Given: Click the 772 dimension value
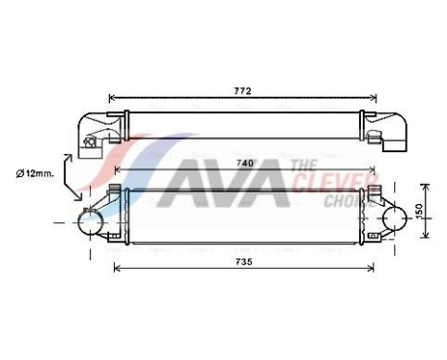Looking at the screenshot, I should (x=243, y=91).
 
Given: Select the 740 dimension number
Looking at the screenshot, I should (x=245, y=164).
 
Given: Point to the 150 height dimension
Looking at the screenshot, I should (x=418, y=210).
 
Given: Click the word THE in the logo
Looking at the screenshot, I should (x=305, y=167).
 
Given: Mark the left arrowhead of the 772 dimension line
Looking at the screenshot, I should (x=113, y=97).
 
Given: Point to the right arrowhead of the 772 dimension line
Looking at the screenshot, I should (x=374, y=97).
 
